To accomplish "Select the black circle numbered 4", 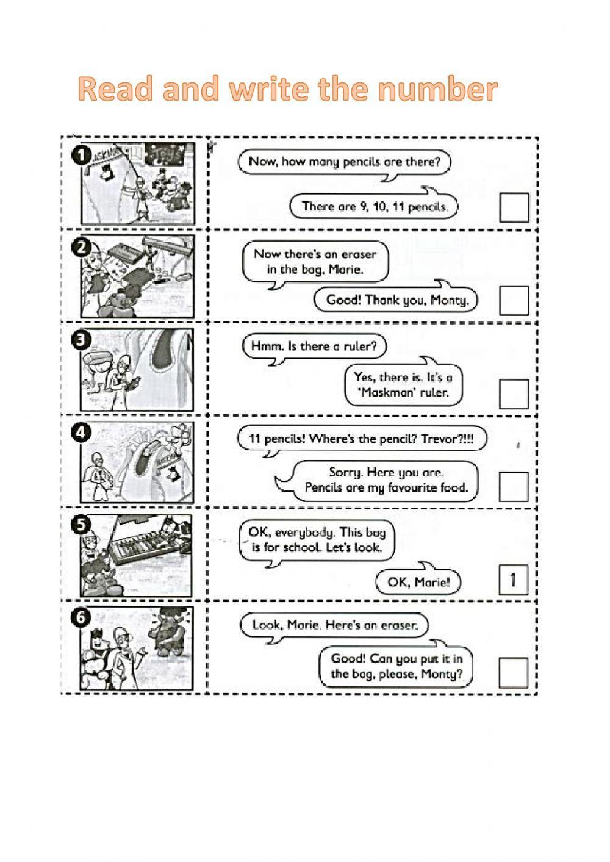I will coord(81,433).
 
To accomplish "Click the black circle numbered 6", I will coord(81,618).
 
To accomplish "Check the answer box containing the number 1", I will coord(513,580).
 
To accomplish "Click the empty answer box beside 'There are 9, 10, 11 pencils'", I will coord(514,207).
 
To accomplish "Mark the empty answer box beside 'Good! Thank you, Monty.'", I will coord(514,300).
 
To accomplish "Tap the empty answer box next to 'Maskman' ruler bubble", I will coord(514,393).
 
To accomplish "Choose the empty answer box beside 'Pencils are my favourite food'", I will coord(514,486).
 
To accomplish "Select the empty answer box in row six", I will coord(514,672).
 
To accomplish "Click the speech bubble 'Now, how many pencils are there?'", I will coord(345,162).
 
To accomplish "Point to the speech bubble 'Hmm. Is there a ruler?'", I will coord(314,347).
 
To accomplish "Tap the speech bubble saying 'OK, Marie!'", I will coord(418,582).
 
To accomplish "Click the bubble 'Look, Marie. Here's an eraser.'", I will coord(332,625).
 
